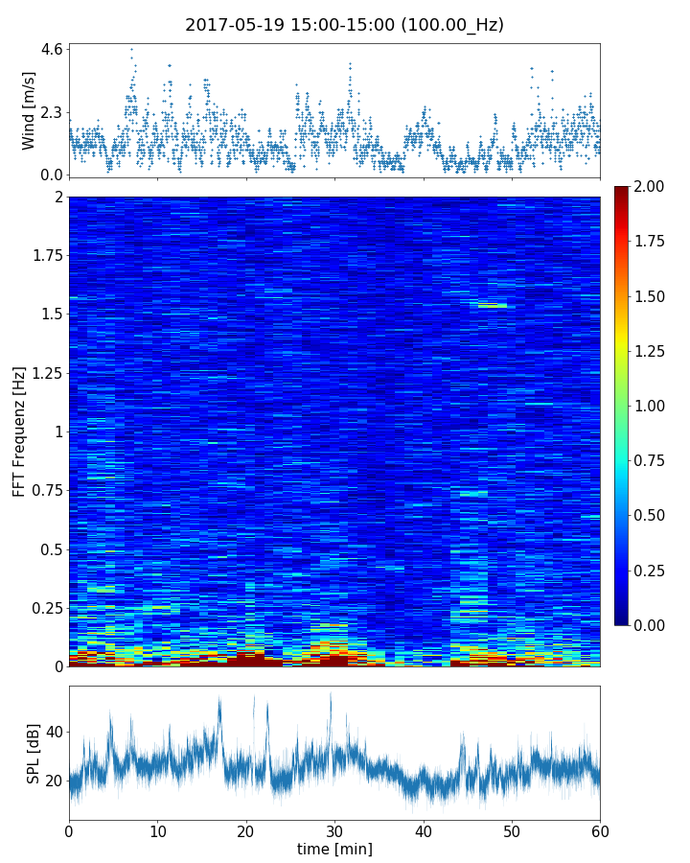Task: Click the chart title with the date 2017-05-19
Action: (344, 25)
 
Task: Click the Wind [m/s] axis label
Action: (29, 110)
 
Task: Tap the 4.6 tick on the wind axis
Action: (52, 49)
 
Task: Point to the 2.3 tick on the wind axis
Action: (52, 112)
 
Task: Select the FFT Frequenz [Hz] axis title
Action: (19, 431)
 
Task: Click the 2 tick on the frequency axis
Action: (58, 198)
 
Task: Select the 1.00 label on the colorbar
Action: (655, 406)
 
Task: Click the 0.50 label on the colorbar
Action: (655, 515)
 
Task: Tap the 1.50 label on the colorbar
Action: (655, 296)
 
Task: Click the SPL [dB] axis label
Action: (34, 753)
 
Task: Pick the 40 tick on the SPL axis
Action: (54, 733)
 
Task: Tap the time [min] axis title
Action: (334, 849)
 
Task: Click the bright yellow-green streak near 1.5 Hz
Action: (493, 305)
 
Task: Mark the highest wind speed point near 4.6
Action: (131, 49)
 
